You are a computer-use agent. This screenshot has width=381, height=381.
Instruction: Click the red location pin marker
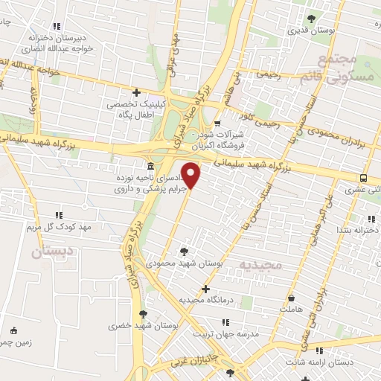pyautogui.click(x=192, y=176)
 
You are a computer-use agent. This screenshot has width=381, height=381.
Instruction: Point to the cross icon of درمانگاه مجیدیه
pyautogui.click(x=206, y=288)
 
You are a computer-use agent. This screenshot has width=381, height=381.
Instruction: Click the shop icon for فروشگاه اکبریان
pyautogui.click(x=217, y=124)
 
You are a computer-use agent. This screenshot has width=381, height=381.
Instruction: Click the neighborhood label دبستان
pyautogui.click(x=52, y=252)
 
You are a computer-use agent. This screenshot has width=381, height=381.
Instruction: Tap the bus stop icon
pyautogui.click(x=363, y=178)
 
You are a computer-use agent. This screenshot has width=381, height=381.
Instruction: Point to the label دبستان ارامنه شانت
pyautogui.click(x=325, y=362)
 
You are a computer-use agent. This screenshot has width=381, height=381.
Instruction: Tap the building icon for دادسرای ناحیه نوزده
pyautogui.click(x=151, y=165)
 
